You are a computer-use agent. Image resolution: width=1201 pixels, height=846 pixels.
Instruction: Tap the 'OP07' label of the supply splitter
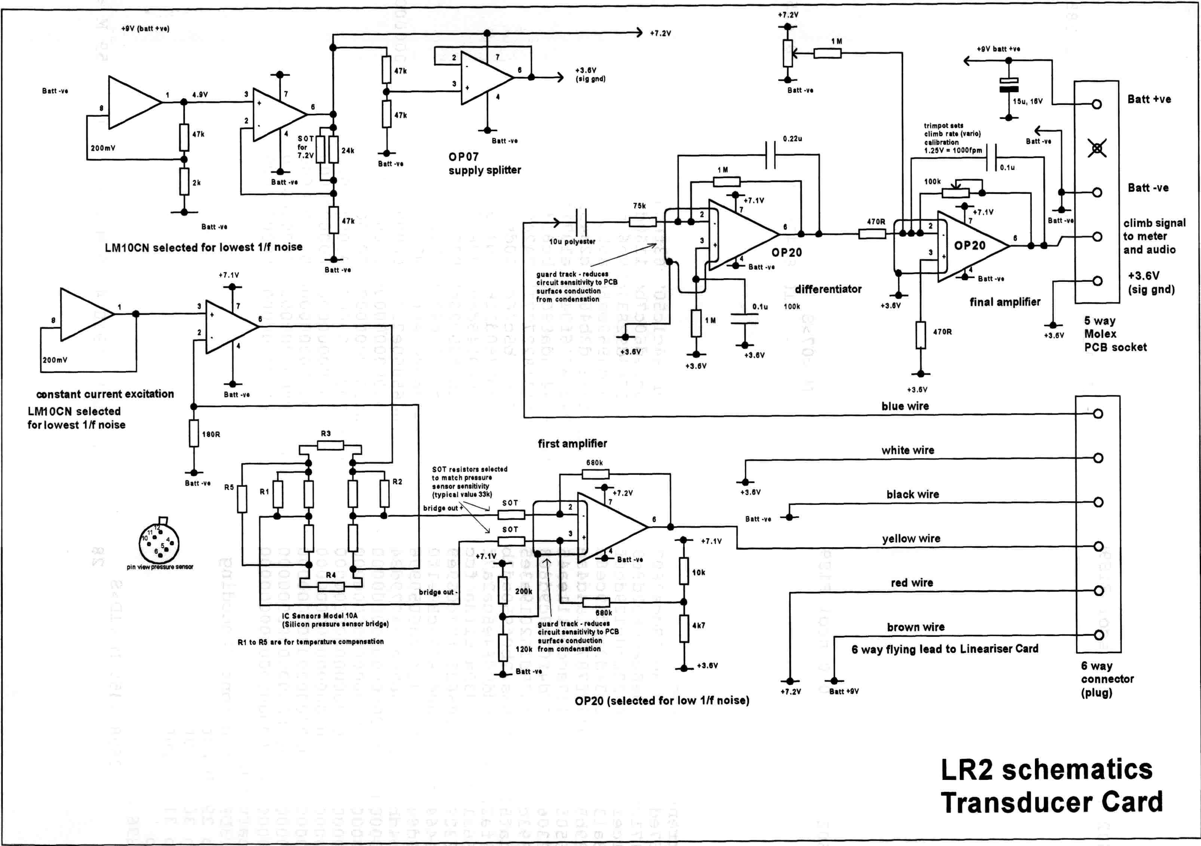click(463, 156)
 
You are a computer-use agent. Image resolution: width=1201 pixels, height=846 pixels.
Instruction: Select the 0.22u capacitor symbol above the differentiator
click(770, 155)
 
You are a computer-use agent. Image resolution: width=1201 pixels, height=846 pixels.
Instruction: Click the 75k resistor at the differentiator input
click(642, 222)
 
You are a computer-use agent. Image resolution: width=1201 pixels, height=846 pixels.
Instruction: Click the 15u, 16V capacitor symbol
click(1008, 85)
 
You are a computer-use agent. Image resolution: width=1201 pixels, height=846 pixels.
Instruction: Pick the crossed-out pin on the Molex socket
click(1097, 148)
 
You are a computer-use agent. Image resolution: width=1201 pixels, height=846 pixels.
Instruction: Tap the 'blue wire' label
click(905, 406)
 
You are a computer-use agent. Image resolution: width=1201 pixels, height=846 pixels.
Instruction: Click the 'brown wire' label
click(915, 627)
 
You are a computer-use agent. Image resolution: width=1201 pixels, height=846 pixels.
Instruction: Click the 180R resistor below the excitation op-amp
click(194, 433)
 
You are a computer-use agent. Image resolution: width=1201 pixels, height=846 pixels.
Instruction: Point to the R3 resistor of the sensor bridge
click(331, 445)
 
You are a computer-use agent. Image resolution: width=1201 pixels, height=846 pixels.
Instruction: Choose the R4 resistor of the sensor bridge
click(331, 586)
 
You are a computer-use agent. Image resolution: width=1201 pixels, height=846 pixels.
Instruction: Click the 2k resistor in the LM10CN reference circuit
click(184, 182)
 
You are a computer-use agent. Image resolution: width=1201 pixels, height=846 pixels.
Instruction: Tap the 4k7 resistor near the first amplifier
click(684, 629)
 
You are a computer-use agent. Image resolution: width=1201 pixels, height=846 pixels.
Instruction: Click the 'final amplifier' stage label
click(1004, 302)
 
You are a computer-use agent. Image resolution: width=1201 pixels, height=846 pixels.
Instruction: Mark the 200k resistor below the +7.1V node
click(503, 590)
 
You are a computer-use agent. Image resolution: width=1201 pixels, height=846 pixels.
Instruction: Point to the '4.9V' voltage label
click(200, 95)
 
